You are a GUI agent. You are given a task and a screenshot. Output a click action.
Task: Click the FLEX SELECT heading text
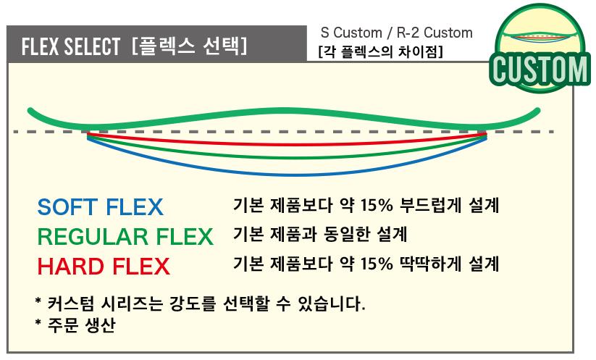pyautogui.click(x=70, y=48)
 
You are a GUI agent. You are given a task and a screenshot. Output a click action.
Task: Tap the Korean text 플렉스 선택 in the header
pyautogui.click(x=190, y=48)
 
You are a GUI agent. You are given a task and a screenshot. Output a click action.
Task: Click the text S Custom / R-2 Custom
pyautogui.click(x=396, y=33)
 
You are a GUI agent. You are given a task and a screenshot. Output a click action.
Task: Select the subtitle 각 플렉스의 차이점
pyautogui.click(x=380, y=52)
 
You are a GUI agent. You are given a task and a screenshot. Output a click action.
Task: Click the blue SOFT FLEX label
pyautogui.click(x=100, y=207)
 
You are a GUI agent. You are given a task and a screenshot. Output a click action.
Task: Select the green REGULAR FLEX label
pyautogui.click(x=125, y=236)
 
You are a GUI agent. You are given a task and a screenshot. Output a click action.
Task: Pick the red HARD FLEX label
pyautogui.click(x=104, y=266)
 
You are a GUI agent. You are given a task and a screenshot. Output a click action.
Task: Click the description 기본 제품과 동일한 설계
pyautogui.click(x=320, y=235)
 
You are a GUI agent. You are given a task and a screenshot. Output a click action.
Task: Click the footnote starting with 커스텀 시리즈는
pyautogui.click(x=200, y=302)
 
